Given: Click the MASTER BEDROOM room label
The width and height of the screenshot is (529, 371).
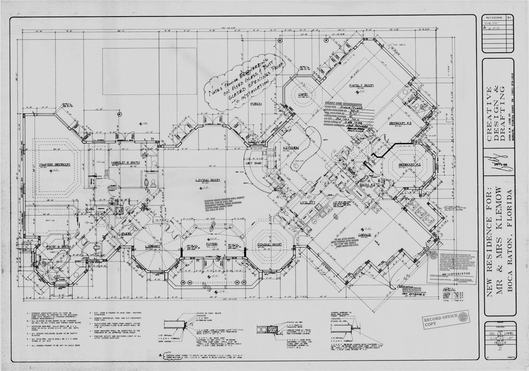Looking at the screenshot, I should [55, 164].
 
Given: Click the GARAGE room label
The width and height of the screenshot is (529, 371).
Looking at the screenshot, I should [365, 235].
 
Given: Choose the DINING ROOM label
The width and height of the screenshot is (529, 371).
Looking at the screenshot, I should [269, 245].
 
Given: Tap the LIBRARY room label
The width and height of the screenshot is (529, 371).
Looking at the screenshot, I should [152, 246].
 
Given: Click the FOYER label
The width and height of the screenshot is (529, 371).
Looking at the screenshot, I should [212, 244].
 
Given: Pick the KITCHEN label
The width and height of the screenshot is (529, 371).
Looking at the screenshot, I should [291, 148].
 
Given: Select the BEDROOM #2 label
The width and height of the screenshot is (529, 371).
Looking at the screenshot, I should [409, 165].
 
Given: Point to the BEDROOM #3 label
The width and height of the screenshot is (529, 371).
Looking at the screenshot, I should [400, 123].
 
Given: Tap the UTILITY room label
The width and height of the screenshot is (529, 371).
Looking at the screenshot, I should [307, 203].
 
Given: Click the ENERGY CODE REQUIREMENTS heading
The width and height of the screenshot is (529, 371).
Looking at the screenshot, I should [343, 104].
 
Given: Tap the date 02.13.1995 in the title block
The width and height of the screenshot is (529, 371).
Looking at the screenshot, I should [500, 333].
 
